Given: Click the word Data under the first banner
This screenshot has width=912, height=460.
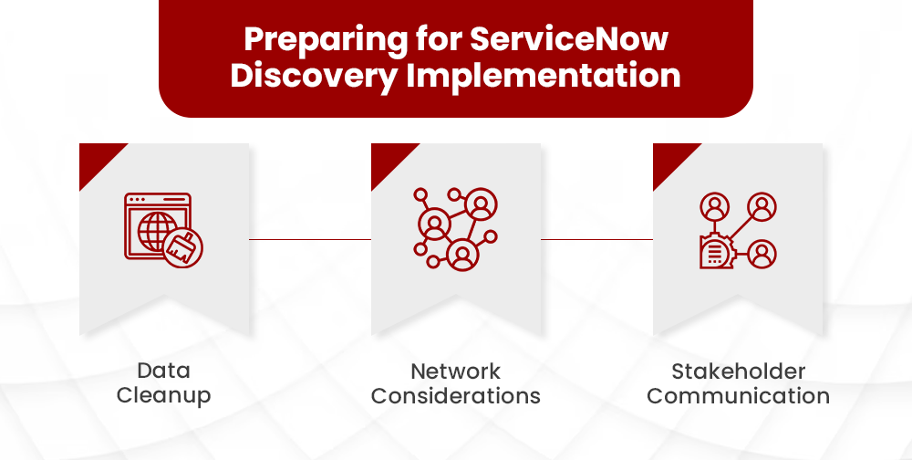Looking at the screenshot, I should click(164, 371).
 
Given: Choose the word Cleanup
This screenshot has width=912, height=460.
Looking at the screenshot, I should click(164, 395).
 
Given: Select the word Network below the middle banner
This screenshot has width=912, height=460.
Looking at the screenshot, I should click(455, 371).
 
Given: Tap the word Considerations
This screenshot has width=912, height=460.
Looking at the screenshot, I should click(455, 395).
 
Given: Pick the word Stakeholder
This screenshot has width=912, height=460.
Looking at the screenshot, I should click(738, 371).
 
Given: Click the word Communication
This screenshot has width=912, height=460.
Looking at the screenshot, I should click(738, 395).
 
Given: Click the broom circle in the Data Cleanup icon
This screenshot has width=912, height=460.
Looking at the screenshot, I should click(184, 247).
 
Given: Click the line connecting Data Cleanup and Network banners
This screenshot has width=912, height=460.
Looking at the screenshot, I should click(310, 239).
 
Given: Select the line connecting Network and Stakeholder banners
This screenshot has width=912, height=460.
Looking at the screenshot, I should click(596, 239).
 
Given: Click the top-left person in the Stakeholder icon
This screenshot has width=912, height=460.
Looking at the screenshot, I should click(714, 207).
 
